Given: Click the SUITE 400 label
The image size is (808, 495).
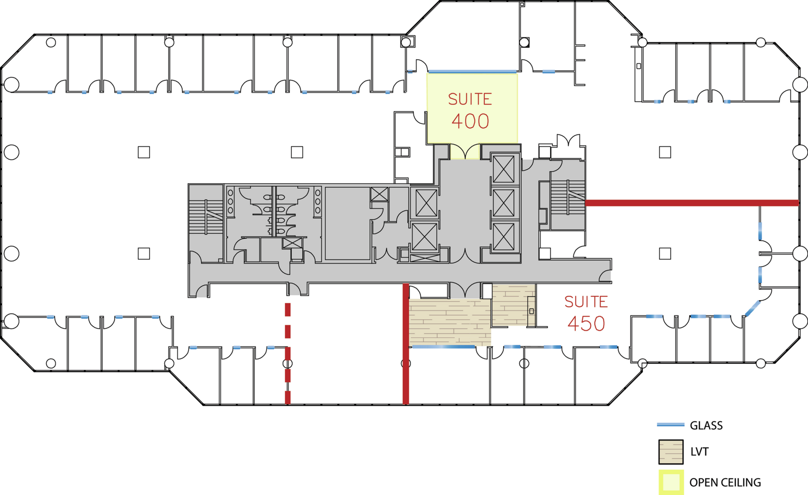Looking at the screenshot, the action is pos(470,110).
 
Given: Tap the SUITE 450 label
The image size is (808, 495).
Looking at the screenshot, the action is pos(586,313).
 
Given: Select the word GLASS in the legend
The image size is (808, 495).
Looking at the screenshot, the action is pos(706,425).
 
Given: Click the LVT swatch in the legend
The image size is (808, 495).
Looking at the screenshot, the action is pos(671,452).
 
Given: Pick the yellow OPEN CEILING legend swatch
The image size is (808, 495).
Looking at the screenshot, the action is pos(671,482).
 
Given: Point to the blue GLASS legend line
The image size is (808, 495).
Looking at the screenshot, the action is pos(671,425).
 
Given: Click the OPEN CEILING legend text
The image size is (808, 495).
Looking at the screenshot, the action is pos(725,482).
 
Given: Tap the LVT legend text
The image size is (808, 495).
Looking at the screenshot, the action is pos(699,451).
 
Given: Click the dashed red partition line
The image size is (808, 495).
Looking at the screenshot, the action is pos(288,353).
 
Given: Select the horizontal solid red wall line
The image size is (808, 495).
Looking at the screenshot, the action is pos(692,203).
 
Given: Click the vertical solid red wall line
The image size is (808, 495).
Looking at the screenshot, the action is pos(406,344).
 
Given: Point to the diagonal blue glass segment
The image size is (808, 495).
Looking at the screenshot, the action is pos(753,308).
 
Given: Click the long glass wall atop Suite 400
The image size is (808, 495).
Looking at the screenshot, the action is pos(472,71).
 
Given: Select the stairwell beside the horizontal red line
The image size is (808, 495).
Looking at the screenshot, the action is pos(568,197).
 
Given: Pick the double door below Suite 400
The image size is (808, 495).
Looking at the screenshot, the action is pos(465,151).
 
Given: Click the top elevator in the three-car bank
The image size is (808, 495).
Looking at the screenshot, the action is pos(504,168).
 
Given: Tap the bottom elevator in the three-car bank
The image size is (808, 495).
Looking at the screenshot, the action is pos(504,237).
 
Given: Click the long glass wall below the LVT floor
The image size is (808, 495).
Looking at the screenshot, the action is pos(444,347).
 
